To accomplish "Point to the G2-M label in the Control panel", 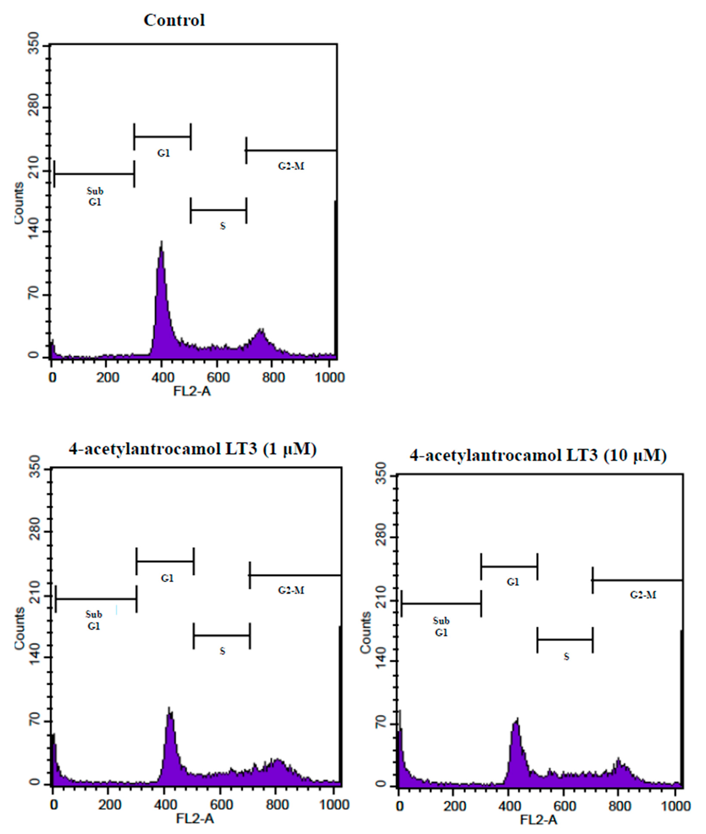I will (291, 166).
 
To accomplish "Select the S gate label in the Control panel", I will (223, 226).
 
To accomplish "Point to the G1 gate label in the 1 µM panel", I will (167, 578).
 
